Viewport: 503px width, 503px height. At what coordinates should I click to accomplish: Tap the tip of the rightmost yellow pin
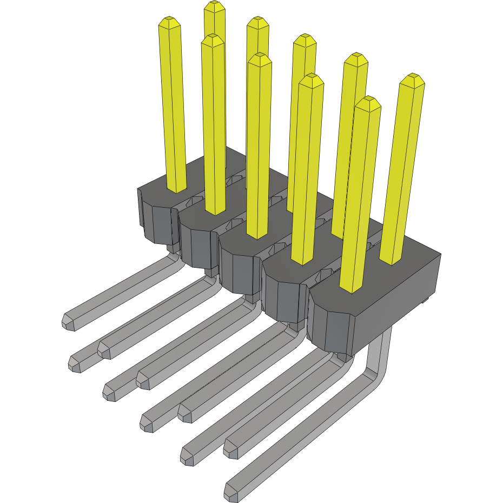(x=412, y=79)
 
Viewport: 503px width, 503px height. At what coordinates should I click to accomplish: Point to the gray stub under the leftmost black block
(x=172, y=248)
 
